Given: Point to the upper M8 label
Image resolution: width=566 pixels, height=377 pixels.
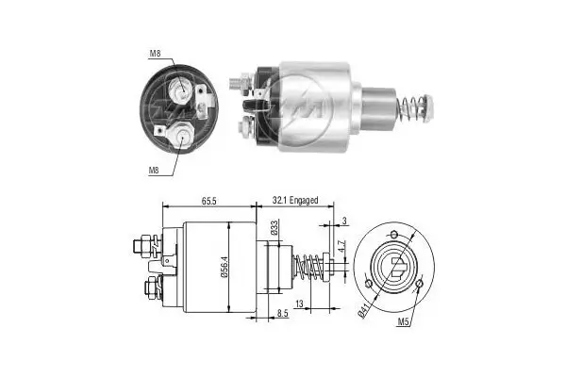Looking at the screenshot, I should point(155,53).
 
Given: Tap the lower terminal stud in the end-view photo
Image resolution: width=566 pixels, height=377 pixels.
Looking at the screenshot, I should point(181,136).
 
